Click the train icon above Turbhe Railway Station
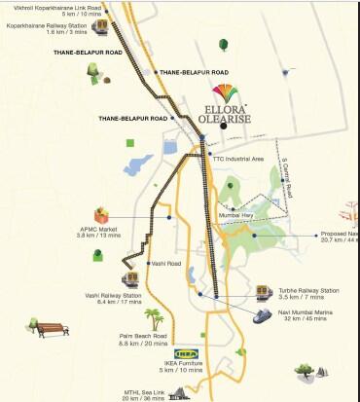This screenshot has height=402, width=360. pyautogui.click(x=263, y=290)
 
